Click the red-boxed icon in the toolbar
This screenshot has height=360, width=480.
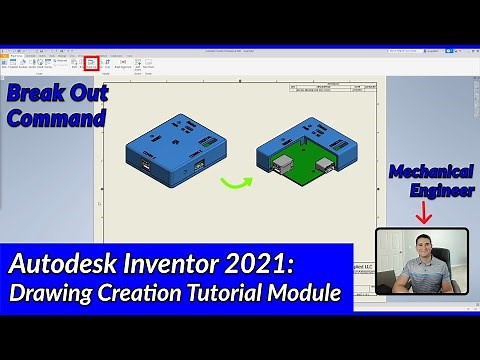click(91, 62)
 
